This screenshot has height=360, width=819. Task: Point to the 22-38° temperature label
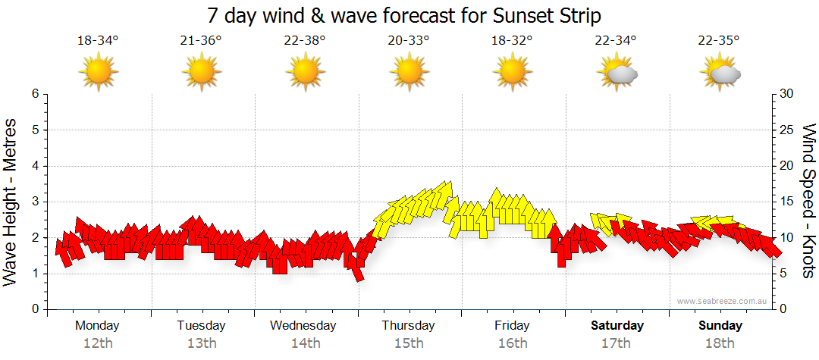305,41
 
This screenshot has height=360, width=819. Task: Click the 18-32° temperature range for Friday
512,41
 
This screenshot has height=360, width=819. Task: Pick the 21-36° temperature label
201,41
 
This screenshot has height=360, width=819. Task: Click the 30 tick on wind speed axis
787,94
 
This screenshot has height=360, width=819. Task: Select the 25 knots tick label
787,130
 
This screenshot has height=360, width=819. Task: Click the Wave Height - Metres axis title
11,202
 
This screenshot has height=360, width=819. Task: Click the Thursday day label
408,326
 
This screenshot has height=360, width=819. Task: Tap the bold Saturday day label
617,326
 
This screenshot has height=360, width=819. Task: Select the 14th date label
305,343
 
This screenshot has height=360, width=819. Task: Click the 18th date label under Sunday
720,343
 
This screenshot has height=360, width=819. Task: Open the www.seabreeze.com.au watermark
723,301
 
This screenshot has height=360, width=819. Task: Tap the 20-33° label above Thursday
409,41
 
